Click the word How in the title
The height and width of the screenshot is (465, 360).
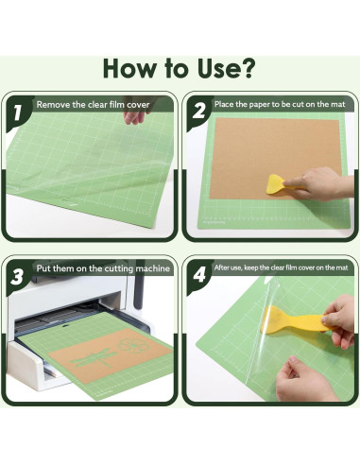[x=131, y=68]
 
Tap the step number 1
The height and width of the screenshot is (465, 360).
[x=17, y=112]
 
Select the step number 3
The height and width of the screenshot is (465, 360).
[x=17, y=277]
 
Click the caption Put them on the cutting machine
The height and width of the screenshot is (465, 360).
[x=104, y=268]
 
